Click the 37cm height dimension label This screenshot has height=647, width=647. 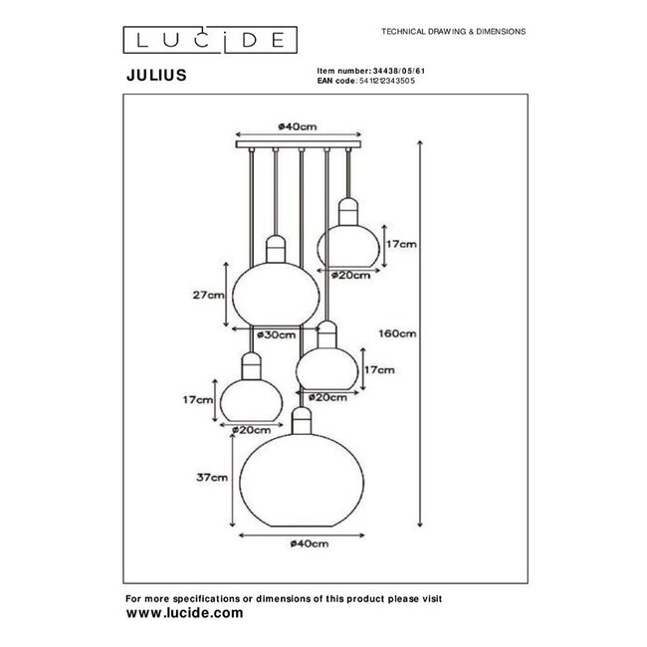click(x=212, y=476)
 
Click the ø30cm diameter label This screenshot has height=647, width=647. click(x=275, y=336)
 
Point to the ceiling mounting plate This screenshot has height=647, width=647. click(x=299, y=146)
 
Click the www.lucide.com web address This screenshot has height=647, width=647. click(x=184, y=614)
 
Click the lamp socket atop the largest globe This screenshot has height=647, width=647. click(x=302, y=419)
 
